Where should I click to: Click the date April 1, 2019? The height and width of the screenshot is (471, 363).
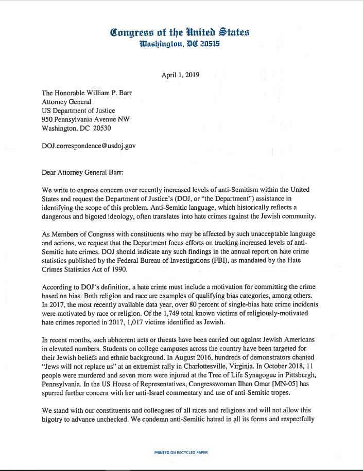180,75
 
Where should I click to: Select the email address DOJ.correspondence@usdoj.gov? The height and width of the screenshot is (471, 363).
89,146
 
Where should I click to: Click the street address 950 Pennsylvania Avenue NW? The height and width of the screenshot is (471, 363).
85,119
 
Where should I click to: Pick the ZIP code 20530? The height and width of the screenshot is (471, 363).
100,128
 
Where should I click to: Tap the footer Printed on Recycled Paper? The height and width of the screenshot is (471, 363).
181,452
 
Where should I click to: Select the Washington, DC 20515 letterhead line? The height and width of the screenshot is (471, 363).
180,44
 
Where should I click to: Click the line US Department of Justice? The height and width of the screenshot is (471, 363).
78,110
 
